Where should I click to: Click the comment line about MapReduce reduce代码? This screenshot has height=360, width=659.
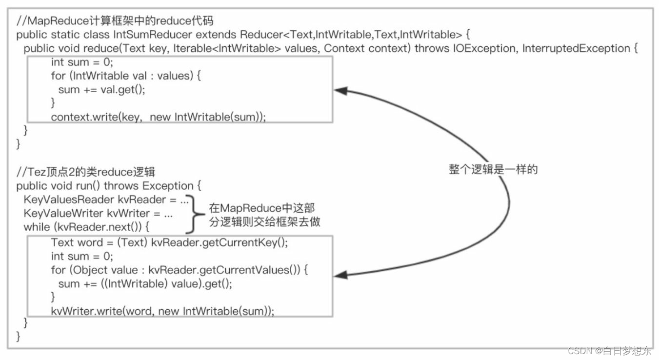click(x=115, y=21)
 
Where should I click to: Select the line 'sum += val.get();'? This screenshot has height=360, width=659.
click(x=101, y=89)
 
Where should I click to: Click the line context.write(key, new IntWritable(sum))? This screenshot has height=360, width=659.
click(x=158, y=117)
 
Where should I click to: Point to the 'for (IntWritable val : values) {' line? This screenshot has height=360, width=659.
click(x=126, y=76)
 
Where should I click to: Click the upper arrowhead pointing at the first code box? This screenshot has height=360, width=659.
click(x=340, y=91)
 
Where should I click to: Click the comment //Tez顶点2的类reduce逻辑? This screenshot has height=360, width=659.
click(x=86, y=172)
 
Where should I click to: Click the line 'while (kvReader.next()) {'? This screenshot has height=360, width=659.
click(x=86, y=227)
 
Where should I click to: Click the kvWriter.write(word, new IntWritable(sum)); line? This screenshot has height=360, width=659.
click(x=162, y=311)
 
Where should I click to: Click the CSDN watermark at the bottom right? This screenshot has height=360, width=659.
click(x=609, y=351)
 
